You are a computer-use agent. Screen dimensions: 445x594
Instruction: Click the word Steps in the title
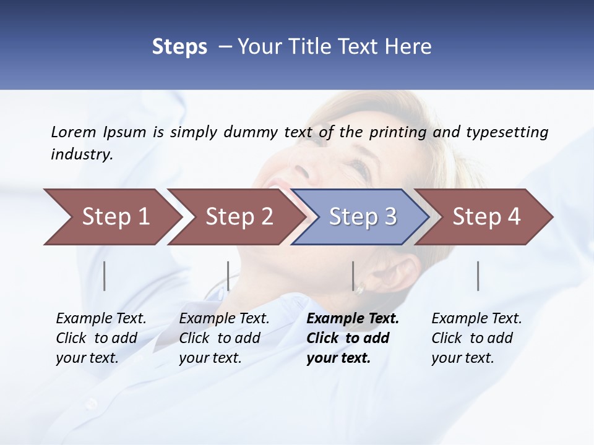pyautogui.click(x=179, y=46)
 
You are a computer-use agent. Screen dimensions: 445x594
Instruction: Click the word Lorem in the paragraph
pyautogui.click(x=74, y=132)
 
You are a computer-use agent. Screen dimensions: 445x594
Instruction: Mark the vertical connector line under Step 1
pyautogui.click(x=105, y=276)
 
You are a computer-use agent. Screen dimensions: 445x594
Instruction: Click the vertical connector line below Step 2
pyautogui.click(x=228, y=276)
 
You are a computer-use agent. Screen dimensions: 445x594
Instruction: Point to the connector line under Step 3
pyautogui.click(x=353, y=276)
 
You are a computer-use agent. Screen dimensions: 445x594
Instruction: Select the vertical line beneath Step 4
pyautogui.click(x=478, y=276)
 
